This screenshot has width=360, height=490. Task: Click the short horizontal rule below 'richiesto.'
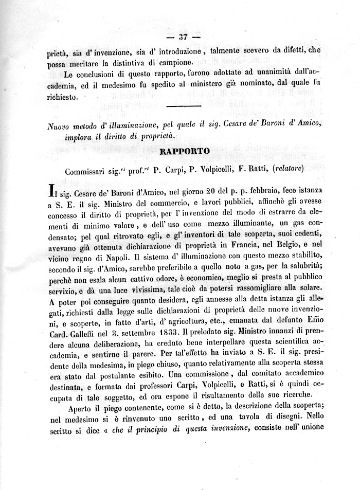184,107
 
